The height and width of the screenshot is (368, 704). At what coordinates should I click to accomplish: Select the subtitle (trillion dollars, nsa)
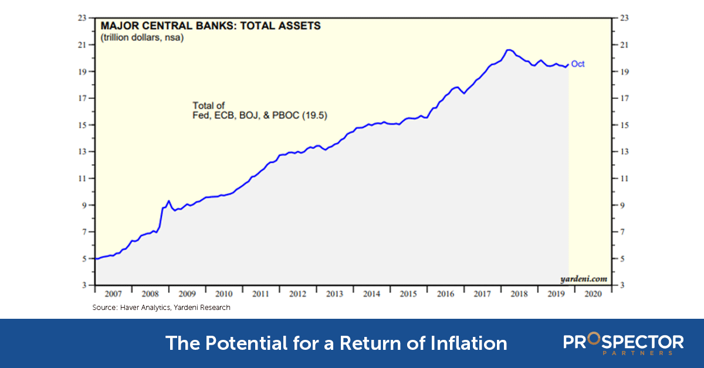[x=141, y=38]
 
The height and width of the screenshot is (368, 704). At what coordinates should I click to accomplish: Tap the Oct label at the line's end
[x=578, y=64]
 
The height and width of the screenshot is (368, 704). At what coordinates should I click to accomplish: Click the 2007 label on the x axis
[x=113, y=294]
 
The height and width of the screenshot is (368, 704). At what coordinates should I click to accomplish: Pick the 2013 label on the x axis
[x=334, y=294]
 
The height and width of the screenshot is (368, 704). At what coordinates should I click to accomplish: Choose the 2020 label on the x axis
[x=591, y=294]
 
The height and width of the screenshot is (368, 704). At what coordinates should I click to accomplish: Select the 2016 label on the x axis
[x=445, y=294]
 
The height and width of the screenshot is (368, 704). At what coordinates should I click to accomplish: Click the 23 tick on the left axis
[x=83, y=18]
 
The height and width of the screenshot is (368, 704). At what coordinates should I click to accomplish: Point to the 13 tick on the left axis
[x=83, y=152]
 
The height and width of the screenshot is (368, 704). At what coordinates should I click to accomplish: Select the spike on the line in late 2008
[x=168, y=201]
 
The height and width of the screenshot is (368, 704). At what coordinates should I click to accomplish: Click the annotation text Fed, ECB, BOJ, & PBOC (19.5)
[x=260, y=117]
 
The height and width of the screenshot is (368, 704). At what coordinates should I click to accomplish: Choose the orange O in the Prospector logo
[x=593, y=340]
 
